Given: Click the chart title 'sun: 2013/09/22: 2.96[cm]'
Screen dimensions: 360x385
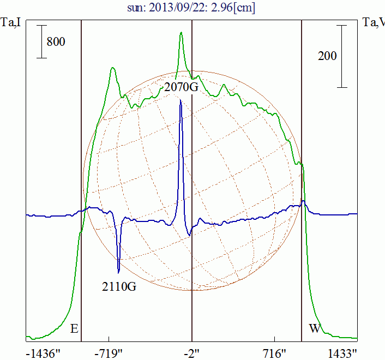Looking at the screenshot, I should coord(192,8).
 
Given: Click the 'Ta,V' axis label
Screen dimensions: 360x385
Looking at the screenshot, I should coord(374,23).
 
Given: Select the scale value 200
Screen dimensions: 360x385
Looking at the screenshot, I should coord(327,56).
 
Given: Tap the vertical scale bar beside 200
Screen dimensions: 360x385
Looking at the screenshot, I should coord(342,56).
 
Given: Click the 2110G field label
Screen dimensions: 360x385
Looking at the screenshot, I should coord(118,285).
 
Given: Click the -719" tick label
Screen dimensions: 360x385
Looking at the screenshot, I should coord(111,353).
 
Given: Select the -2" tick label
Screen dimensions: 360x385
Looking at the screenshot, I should coord(192,353).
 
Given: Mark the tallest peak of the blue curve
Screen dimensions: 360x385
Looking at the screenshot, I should coord(181,100).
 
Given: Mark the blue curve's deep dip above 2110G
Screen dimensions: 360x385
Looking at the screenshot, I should coord(118,271).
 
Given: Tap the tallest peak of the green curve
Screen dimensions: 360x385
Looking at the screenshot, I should coord(181,33).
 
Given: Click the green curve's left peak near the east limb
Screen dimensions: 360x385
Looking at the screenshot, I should coord(112,68).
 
